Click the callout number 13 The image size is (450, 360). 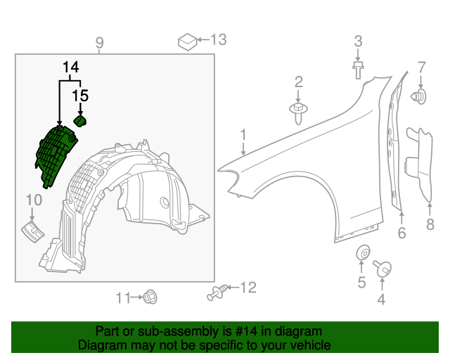(219, 39)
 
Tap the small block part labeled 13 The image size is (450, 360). (188, 41)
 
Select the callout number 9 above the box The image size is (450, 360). (99, 43)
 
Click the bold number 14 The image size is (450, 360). (70, 67)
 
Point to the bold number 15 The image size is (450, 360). (82, 94)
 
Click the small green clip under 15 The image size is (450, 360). (80, 122)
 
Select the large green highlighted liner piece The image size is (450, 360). (55, 154)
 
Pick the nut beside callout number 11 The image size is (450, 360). (149, 297)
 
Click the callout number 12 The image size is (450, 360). (248, 287)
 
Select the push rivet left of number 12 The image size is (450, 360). (218, 292)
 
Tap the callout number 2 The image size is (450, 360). (298, 82)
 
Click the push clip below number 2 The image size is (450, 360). (299, 111)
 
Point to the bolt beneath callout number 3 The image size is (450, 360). (358, 69)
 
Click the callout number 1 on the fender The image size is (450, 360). (243, 134)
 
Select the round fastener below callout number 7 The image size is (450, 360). (420, 96)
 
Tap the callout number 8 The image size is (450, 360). (430, 224)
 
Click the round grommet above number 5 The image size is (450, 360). (362, 252)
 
